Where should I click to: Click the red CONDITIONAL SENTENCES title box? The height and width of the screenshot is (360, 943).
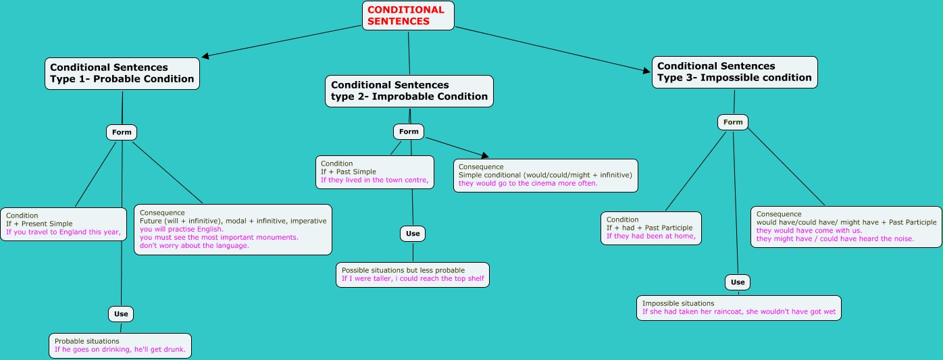(x=408, y=16)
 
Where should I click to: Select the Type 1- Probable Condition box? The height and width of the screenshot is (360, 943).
(x=122, y=74)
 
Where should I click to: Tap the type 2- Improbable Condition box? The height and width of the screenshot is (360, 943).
(x=409, y=91)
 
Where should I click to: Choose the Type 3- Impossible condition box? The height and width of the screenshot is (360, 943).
(x=735, y=72)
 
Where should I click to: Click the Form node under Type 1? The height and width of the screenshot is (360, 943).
(x=121, y=132)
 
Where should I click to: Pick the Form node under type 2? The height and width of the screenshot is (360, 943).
(x=409, y=131)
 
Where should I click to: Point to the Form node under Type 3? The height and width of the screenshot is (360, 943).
(x=733, y=122)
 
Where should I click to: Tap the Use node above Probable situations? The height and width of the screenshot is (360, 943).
(x=121, y=314)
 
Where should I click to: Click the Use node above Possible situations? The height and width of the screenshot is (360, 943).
(x=413, y=234)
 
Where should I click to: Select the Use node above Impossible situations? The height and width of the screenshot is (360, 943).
(x=738, y=282)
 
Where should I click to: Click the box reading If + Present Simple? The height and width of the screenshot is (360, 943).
(x=63, y=224)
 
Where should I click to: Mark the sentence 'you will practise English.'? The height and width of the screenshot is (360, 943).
(x=182, y=229)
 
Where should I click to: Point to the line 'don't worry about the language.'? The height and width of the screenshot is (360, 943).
(x=194, y=245)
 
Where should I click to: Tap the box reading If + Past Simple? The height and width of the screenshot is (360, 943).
(x=375, y=172)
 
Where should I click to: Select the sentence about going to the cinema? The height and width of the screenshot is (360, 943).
(x=528, y=183)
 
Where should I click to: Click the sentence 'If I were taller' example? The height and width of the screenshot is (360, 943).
(x=413, y=279)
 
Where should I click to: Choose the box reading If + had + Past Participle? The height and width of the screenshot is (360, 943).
(x=651, y=228)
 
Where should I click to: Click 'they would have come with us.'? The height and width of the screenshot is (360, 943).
(x=809, y=231)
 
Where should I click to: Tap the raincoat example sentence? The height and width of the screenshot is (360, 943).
(x=739, y=311)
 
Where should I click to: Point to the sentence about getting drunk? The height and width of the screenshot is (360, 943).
(x=120, y=349)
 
